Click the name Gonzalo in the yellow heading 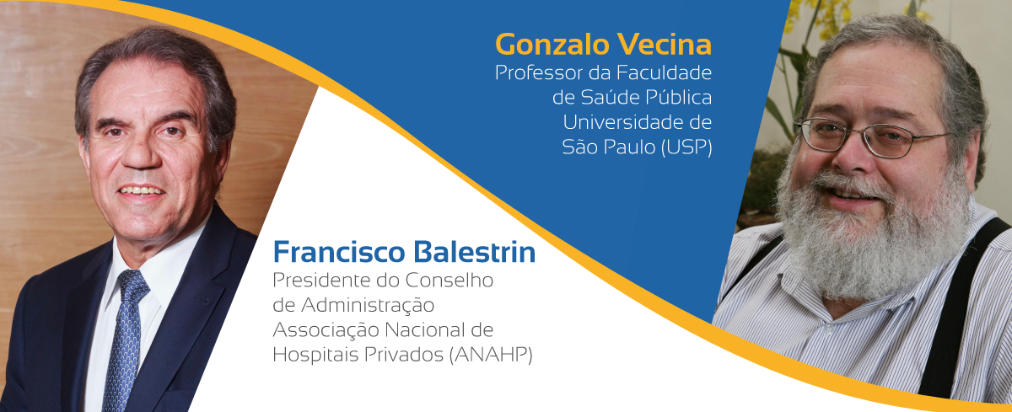pyautogui.click(x=553, y=44)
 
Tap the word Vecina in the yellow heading pyautogui.click(x=665, y=44)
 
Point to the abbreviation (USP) pyautogui.click(x=686, y=147)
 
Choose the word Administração pyautogui.click(x=368, y=306)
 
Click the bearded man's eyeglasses pyautogui.click(x=871, y=137)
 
